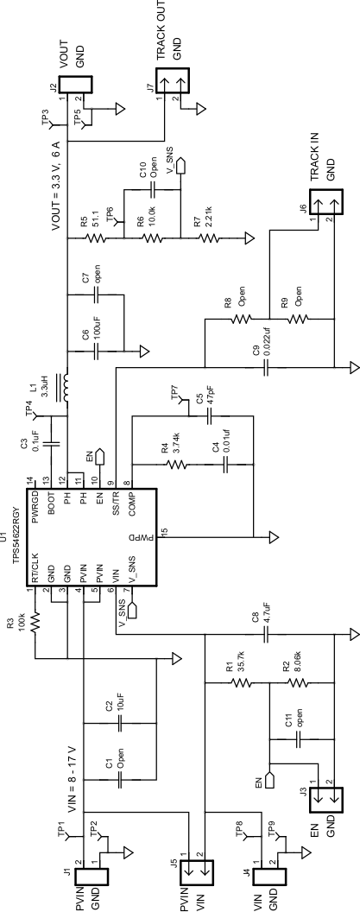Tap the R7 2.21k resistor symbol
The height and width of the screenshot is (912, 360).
[x=205, y=236]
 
